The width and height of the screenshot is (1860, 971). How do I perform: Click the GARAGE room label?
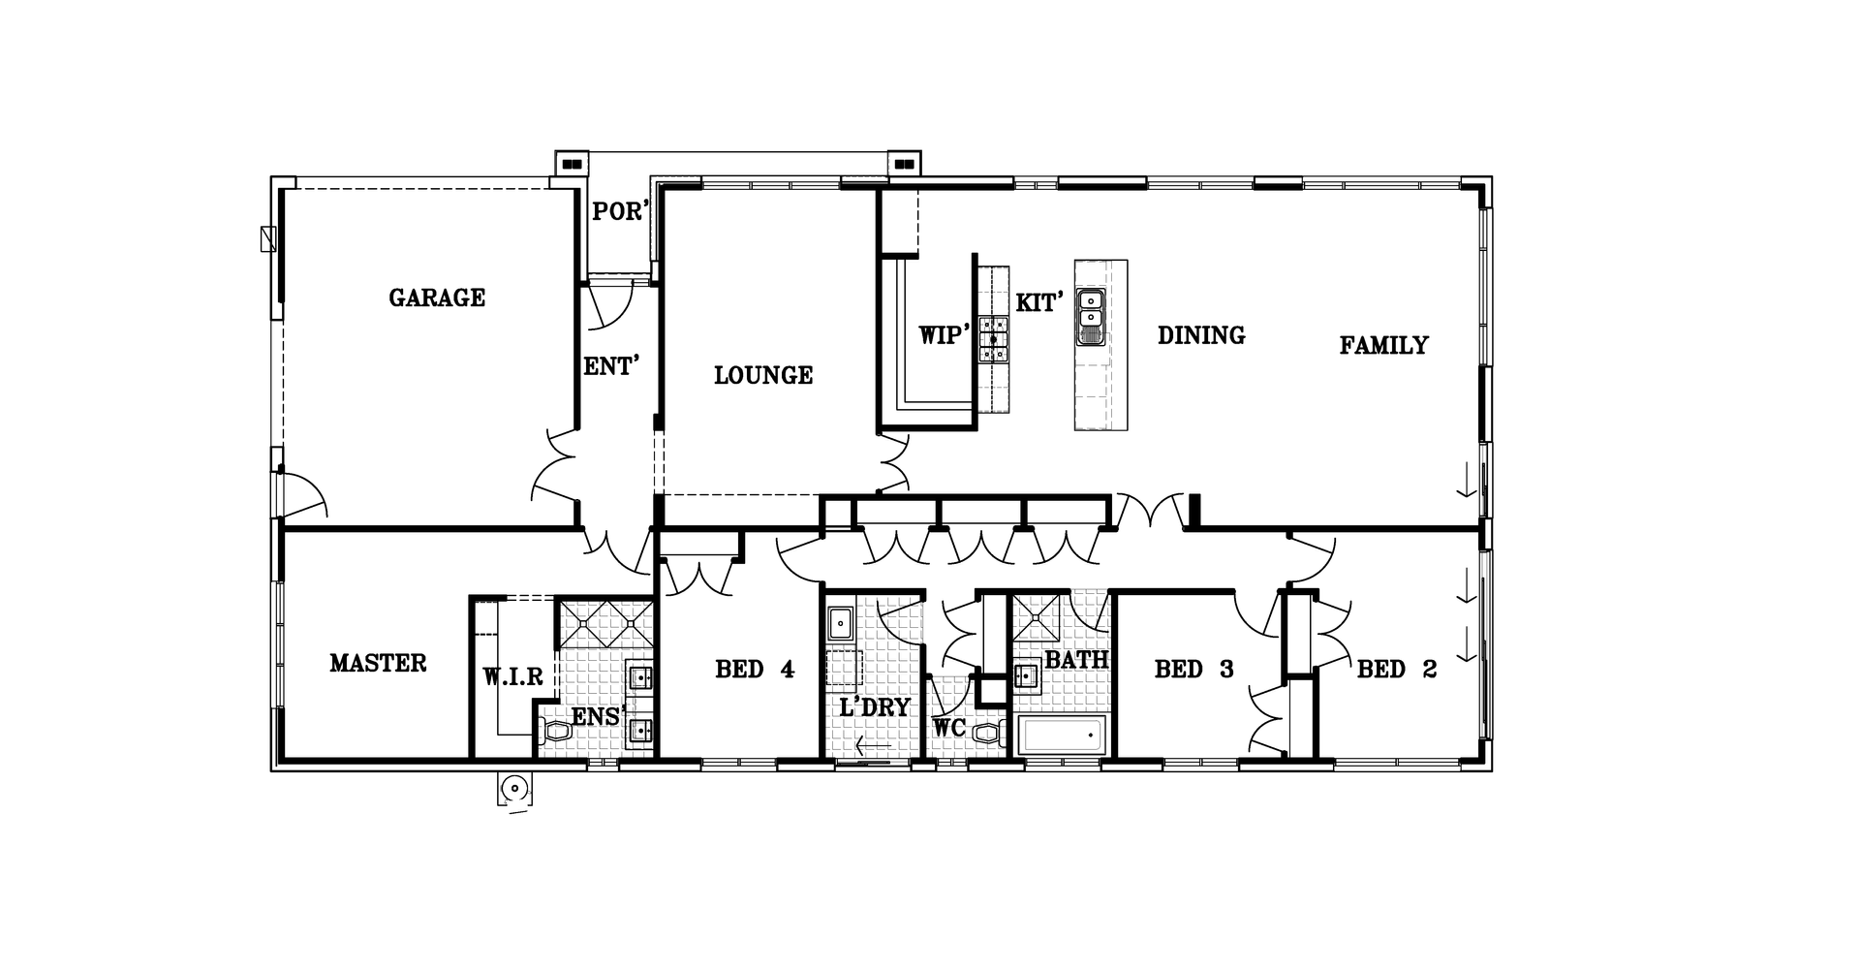click(437, 298)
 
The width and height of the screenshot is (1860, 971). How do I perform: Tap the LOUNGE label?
click(763, 375)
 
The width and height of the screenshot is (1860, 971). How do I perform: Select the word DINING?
click(1201, 335)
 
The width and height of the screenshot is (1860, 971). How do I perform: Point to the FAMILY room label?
click(1383, 345)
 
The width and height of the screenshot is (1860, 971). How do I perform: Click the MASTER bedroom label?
click(378, 663)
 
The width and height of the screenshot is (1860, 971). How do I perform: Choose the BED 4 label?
click(755, 669)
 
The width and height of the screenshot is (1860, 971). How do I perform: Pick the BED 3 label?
click(1194, 669)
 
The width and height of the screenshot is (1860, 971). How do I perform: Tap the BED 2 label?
click(1397, 669)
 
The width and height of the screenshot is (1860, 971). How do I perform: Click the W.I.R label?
click(513, 676)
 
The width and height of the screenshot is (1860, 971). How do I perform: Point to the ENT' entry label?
click(612, 366)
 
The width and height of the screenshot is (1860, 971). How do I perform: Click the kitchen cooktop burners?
click(993, 339)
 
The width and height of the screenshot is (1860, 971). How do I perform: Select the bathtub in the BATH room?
click(1062, 736)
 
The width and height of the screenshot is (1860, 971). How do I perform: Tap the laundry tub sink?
click(839, 622)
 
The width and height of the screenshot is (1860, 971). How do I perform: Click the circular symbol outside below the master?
click(514, 790)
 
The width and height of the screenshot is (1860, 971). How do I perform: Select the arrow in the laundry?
click(874, 745)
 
